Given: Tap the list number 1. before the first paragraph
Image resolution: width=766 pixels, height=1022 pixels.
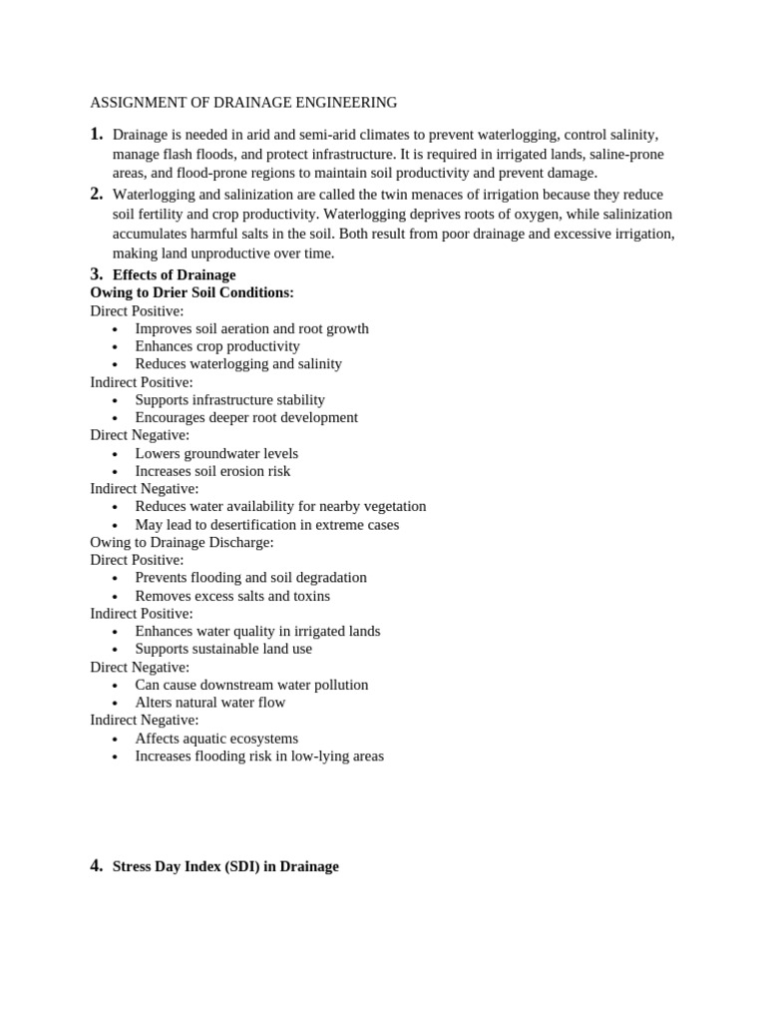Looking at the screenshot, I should point(96,134).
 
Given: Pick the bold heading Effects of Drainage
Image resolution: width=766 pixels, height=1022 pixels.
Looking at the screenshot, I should point(174,274).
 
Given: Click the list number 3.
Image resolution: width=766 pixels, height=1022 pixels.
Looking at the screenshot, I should point(96,274).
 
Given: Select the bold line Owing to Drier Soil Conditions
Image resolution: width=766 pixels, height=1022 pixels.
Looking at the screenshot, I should point(191,292).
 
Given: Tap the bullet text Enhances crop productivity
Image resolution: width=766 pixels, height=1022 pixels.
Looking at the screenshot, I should point(217,346).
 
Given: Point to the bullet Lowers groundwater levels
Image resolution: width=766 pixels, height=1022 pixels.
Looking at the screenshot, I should point(216,453).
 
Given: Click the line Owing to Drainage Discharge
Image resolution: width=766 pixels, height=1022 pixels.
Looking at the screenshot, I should point(182,542).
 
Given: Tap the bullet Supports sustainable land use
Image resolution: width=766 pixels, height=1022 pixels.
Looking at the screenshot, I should point(223,649).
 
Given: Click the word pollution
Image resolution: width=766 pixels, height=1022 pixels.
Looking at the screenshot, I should point(339,685).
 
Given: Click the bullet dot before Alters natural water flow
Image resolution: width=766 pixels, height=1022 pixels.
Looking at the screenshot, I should point(116,704).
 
